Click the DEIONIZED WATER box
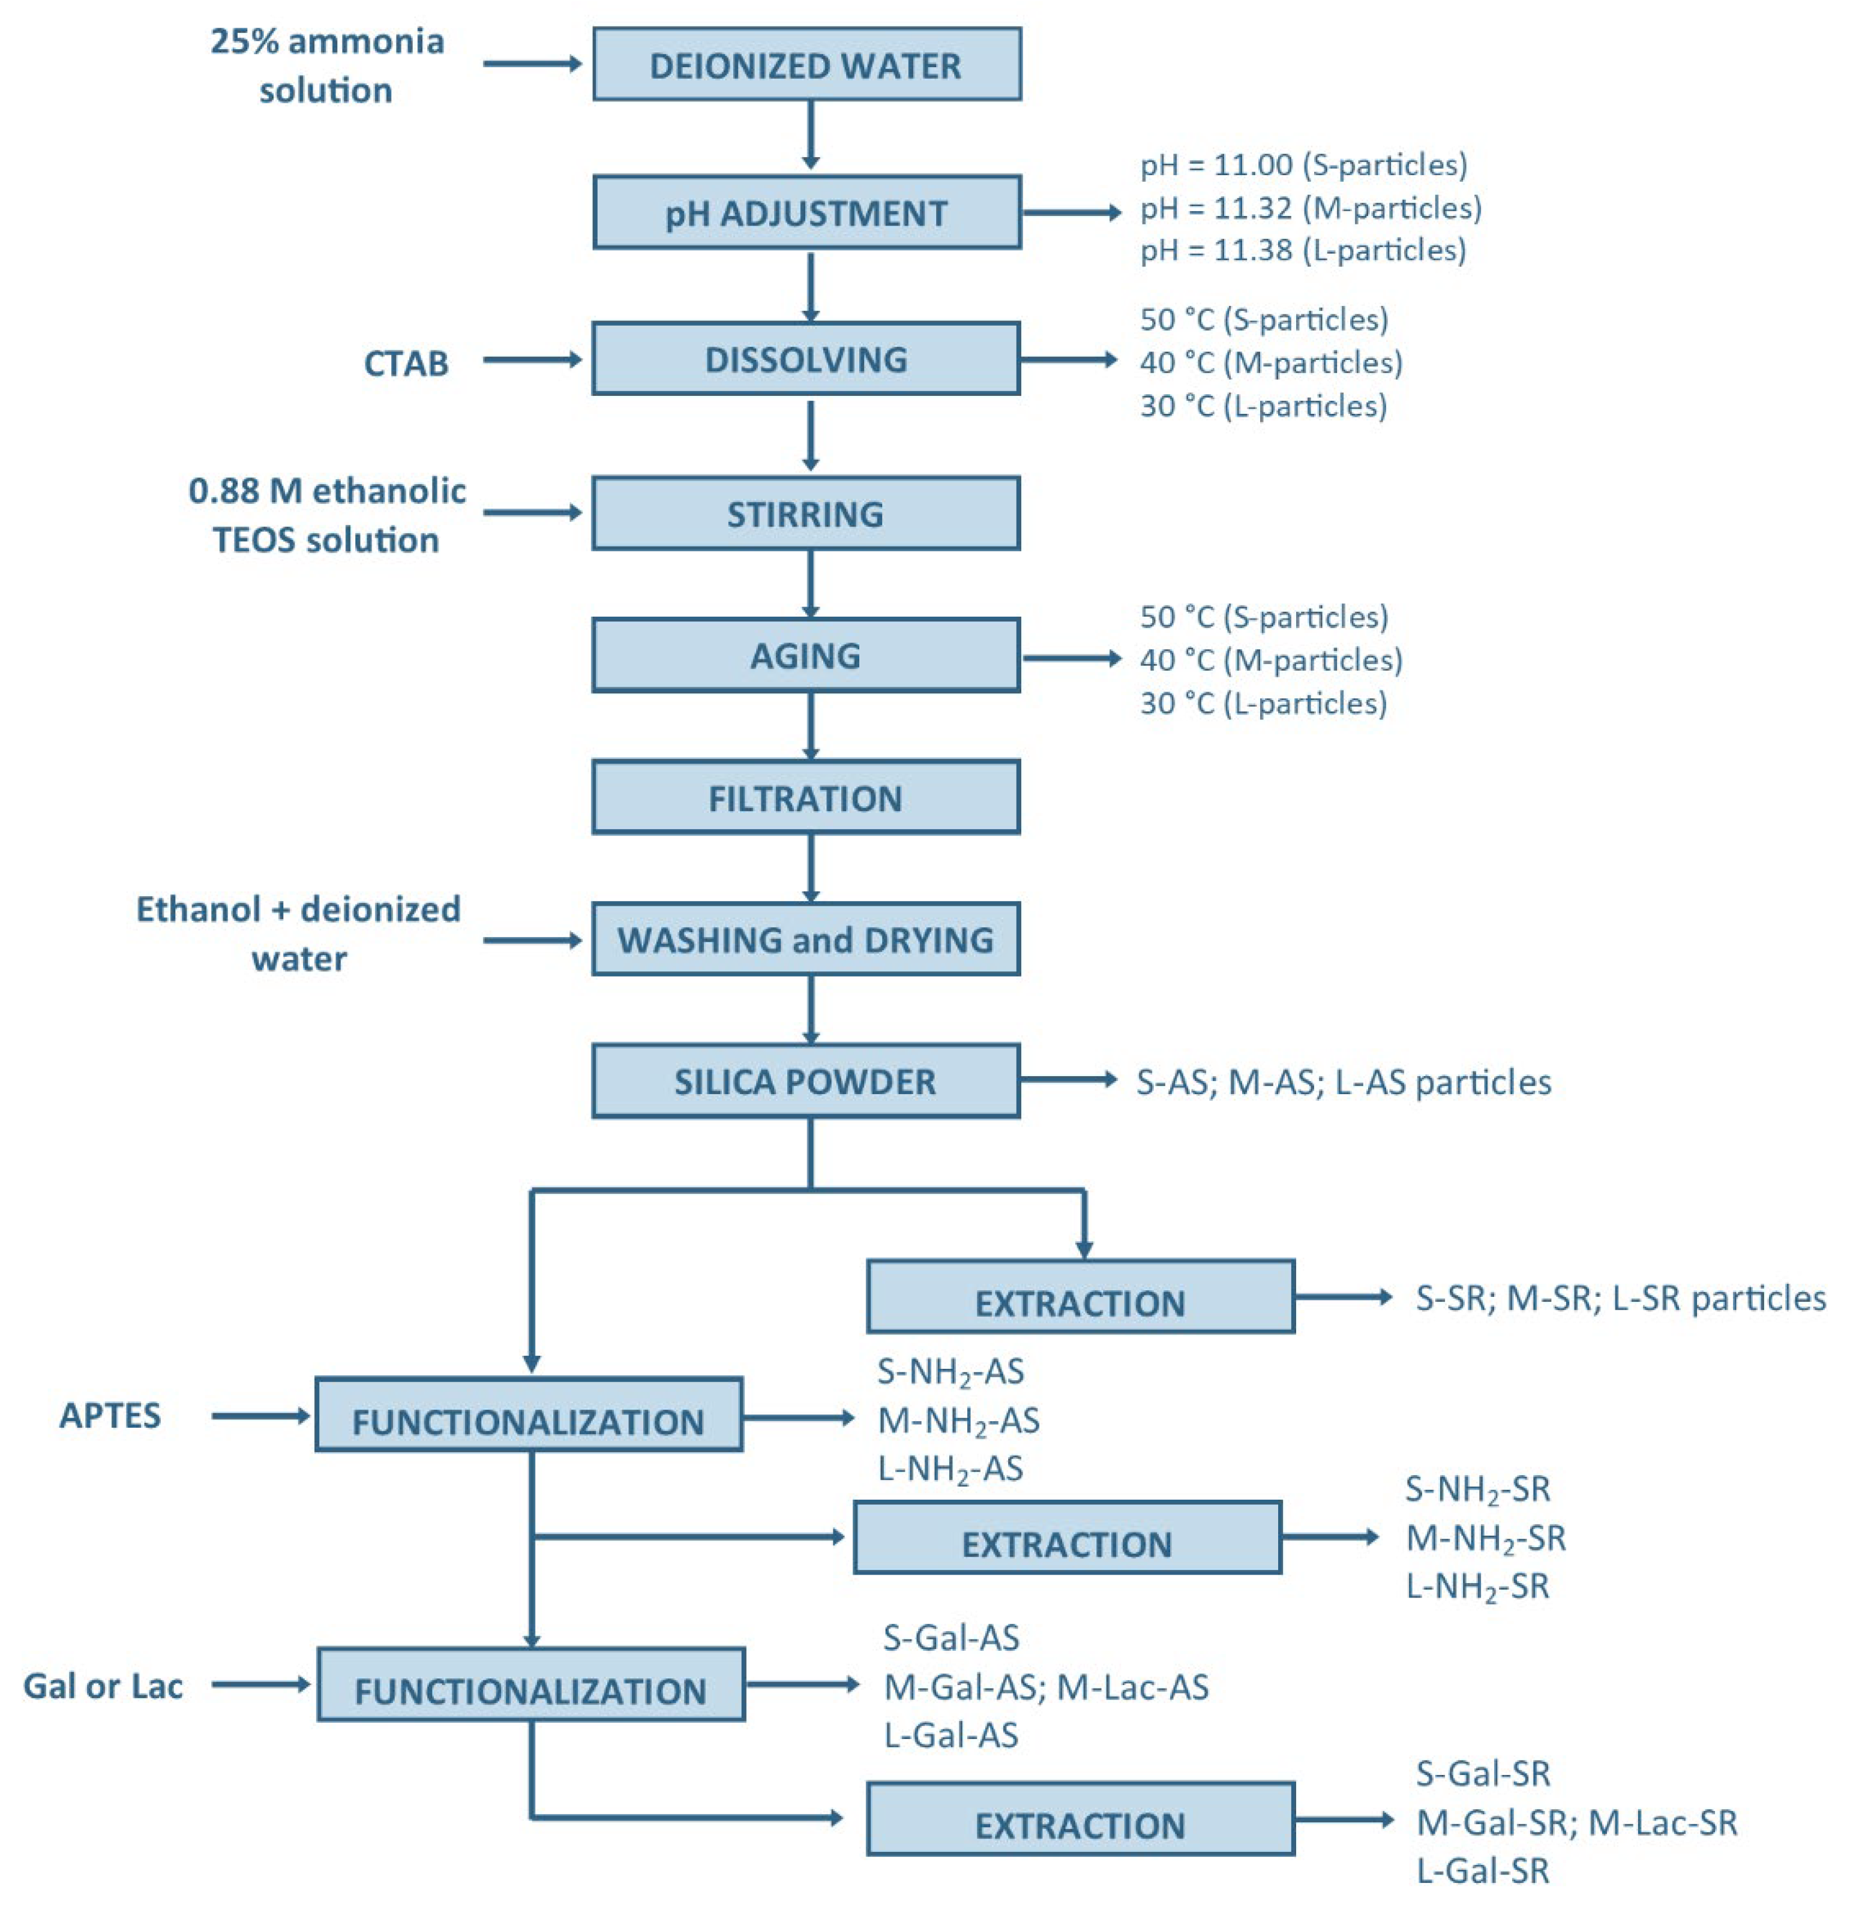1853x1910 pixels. coord(806,64)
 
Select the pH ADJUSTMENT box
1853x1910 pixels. coord(806,212)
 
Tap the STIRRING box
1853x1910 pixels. coord(805,513)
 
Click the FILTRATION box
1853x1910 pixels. coord(805,798)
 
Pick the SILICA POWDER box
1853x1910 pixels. coord(805,1081)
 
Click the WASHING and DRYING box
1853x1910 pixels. coord(805,939)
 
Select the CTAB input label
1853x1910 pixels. coord(406,364)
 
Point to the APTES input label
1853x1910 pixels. coord(110,1415)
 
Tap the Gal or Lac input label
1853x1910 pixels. coord(103,1686)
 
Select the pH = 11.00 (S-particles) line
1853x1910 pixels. coord(1303,165)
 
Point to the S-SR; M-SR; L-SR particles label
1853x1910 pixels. coord(1620,1298)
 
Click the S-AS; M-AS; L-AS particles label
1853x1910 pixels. coord(1343,1082)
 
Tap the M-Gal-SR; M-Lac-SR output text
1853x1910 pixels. coord(1576,1822)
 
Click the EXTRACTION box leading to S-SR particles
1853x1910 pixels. coord(1080,1297)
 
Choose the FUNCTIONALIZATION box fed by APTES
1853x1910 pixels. coord(528,1415)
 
